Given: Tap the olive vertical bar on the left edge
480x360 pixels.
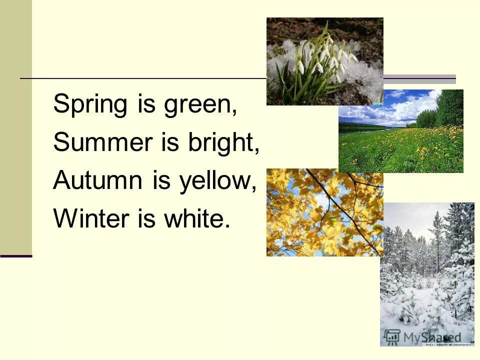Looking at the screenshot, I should pyautogui.click(x=15, y=125).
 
